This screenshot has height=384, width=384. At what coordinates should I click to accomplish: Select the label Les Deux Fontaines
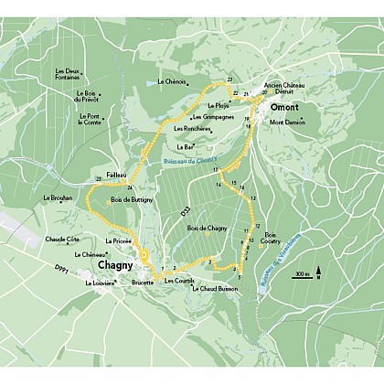68,75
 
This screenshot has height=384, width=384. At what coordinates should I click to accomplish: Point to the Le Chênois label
172,82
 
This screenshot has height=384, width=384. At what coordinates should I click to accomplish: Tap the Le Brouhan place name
57,198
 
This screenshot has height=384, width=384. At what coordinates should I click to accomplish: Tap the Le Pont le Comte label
89,119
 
